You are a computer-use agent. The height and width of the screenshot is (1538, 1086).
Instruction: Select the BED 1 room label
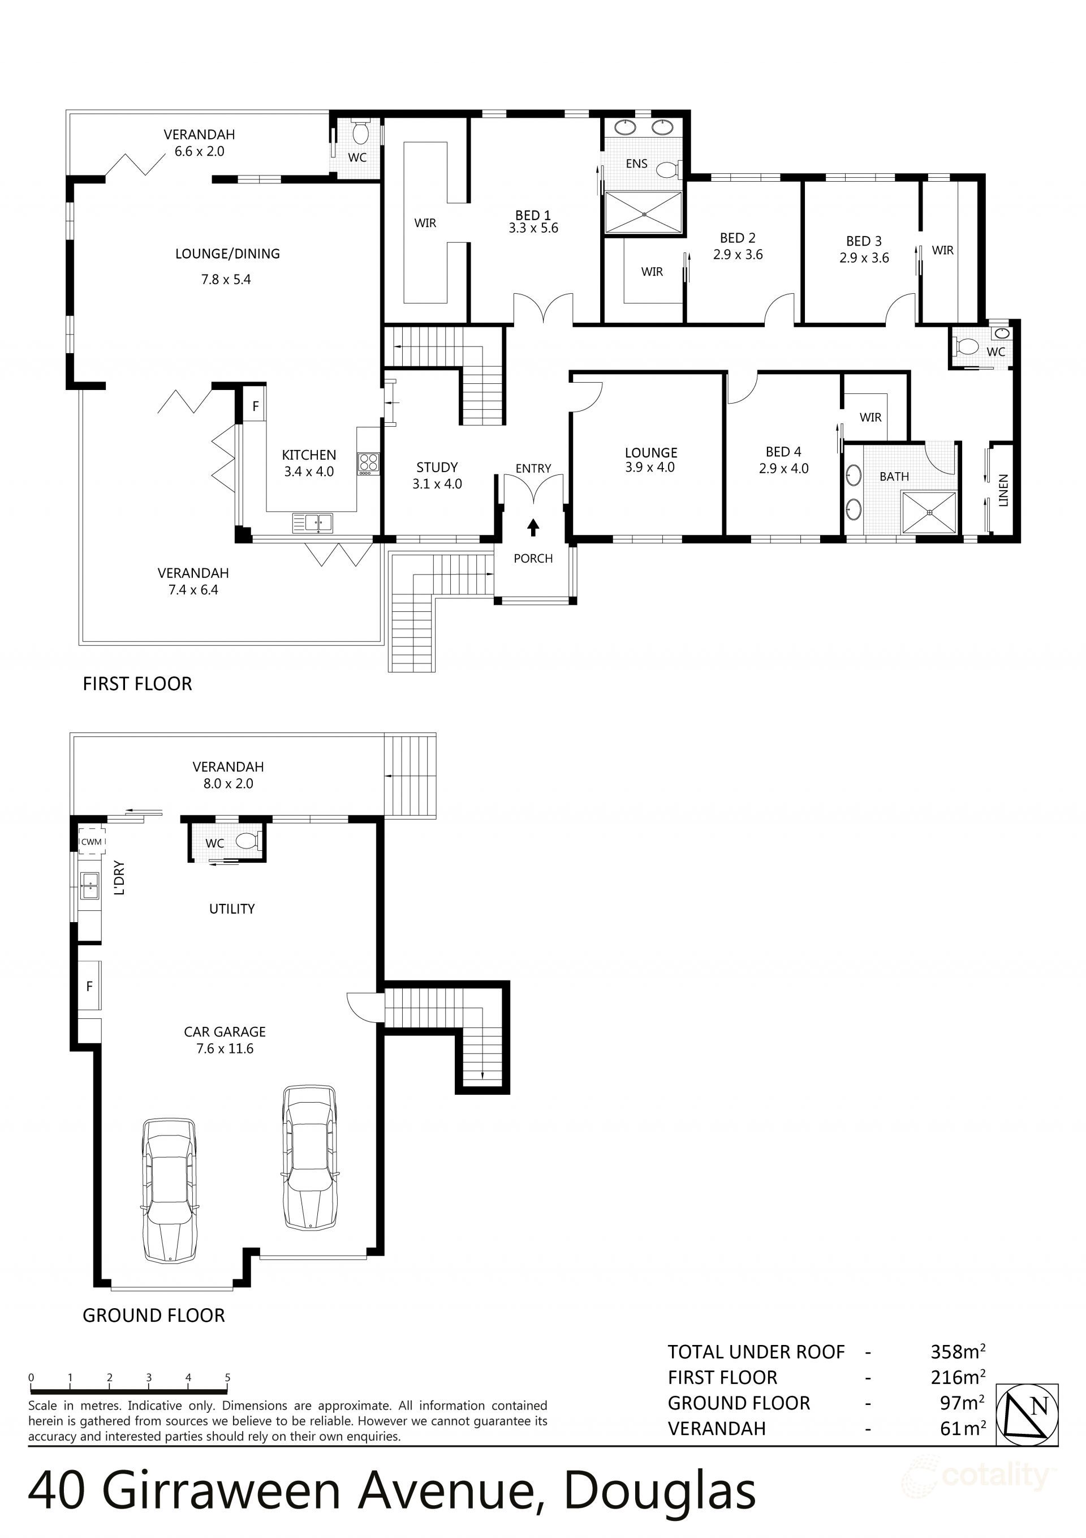pyautogui.click(x=533, y=215)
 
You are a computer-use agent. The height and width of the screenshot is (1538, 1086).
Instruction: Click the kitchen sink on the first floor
pyautogui.click(x=313, y=522)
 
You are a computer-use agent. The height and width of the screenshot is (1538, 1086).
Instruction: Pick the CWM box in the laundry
pyautogui.click(x=92, y=841)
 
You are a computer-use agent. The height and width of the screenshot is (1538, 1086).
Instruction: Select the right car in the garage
pyautogui.click(x=309, y=1158)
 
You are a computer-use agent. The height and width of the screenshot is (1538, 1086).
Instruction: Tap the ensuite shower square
pyautogui.click(x=644, y=213)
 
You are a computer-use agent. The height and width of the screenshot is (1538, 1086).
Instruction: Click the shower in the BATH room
pyautogui.click(x=929, y=512)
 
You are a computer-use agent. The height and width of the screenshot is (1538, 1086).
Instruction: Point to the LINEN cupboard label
pyautogui.click(x=1003, y=490)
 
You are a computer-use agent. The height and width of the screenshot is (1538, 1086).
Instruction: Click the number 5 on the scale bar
pyautogui.click(x=227, y=1378)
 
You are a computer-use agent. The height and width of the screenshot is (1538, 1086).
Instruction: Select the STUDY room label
pyautogui.click(x=437, y=467)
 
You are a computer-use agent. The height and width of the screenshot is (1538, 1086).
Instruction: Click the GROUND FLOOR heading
pyautogui.click(x=153, y=1315)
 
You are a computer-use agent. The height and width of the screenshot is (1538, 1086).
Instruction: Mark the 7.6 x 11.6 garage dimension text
pyautogui.click(x=225, y=1048)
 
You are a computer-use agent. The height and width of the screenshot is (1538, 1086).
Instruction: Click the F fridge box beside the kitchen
pyautogui.click(x=255, y=406)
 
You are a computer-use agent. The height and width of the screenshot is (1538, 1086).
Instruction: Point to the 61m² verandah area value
pyautogui.click(x=963, y=1428)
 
